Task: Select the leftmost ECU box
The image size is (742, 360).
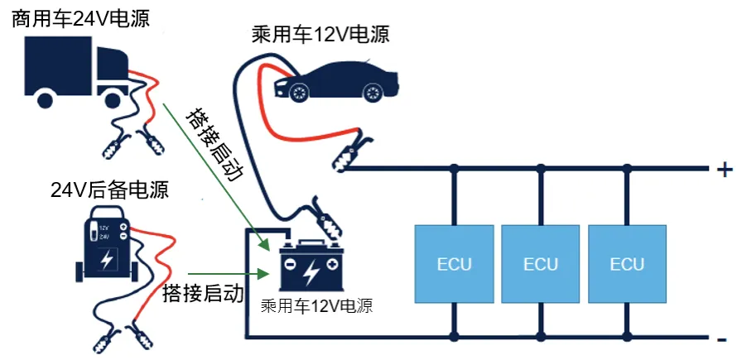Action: point(454,264)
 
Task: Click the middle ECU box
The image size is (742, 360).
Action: point(541,264)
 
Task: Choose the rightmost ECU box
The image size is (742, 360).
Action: point(627,264)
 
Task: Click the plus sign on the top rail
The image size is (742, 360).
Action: point(724,170)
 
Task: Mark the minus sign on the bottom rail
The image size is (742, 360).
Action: point(723,338)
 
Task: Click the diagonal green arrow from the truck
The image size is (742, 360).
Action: point(215,174)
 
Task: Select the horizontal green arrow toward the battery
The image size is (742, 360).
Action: point(228,272)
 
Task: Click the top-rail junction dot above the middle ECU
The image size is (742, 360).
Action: point(541,170)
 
